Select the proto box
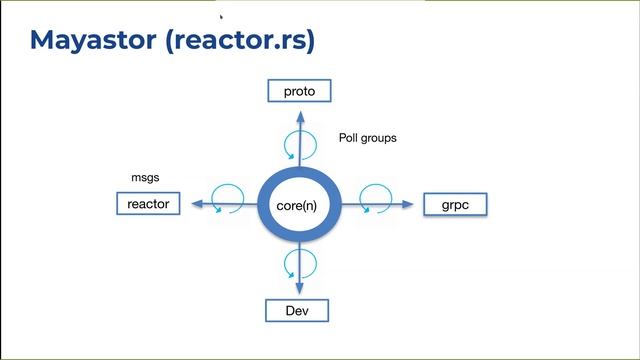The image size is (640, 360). click(x=299, y=91)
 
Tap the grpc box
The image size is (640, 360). click(x=455, y=205)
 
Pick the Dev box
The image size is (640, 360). click(x=297, y=311)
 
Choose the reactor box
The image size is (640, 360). click(x=149, y=204)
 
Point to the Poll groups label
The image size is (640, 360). click(x=367, y=138)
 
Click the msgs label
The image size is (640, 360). click(x=146, y=177)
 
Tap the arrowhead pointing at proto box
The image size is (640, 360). click(x=299, y=107)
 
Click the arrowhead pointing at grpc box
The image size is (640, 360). click(x=407, y=204)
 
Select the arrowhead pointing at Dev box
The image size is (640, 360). click(x=298, y=291)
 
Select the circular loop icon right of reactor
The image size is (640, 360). click(x=229, y=194)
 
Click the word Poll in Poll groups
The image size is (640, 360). click(x=349, y=138)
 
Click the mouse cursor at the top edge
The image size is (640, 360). click(x=221, y=16)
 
